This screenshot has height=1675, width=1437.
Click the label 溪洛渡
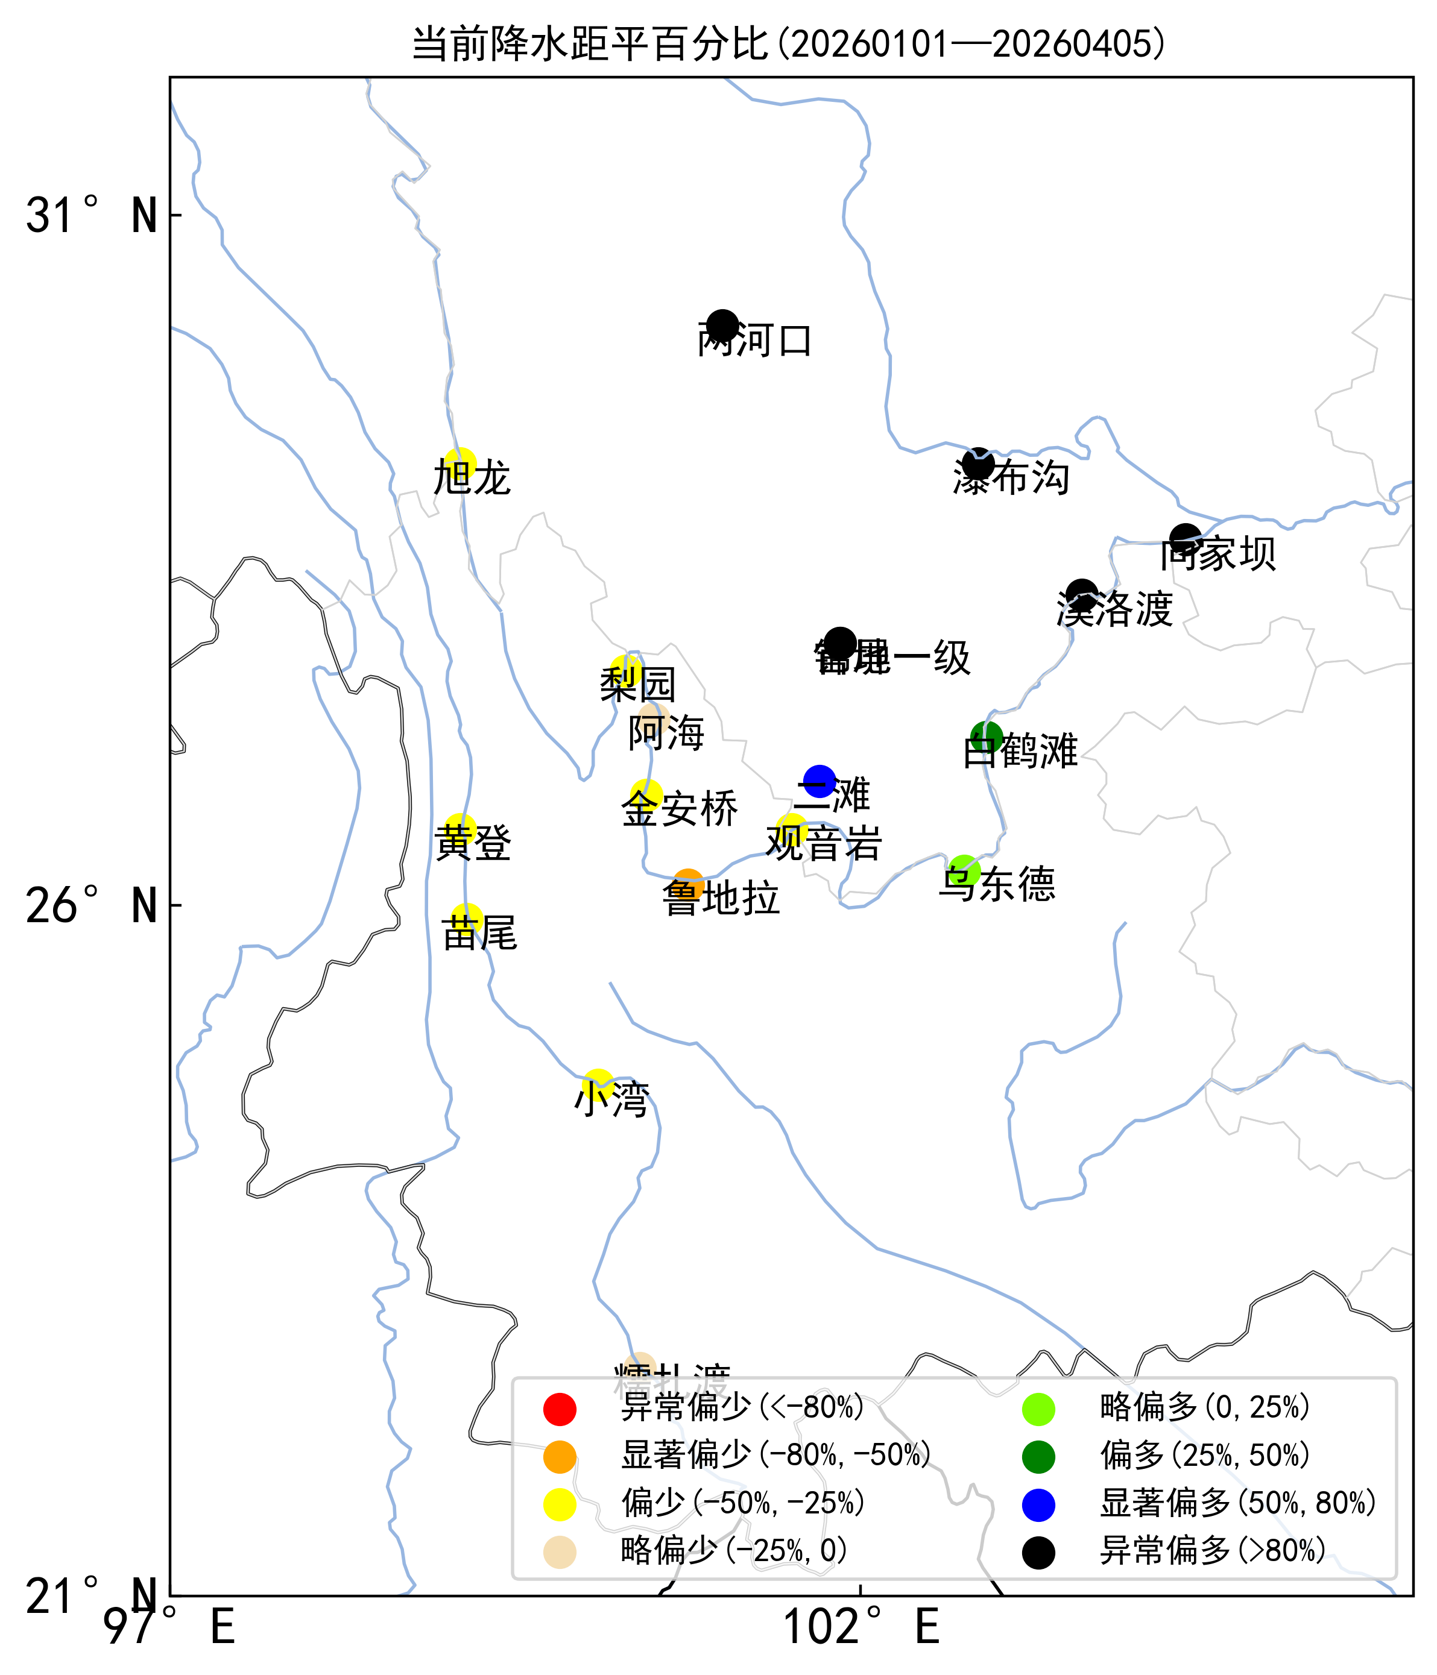[x=1114, y=609]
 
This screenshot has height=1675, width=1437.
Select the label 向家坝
[x=1218, y=555]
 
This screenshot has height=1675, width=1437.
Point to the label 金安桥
[x=679, y=809]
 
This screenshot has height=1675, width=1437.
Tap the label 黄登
[x=473, y=843]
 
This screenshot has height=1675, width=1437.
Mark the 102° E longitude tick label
[x=861, y=1627]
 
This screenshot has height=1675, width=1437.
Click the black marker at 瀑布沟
[x=977, y=464]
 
